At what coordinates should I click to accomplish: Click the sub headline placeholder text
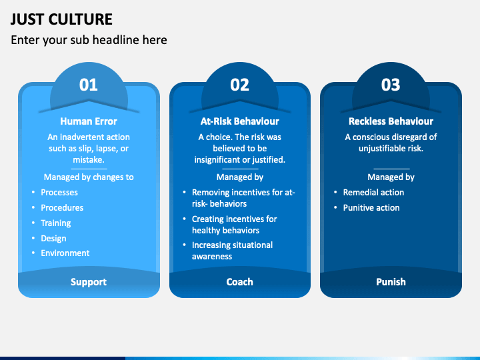[89, 40]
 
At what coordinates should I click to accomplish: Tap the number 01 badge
[89, 85]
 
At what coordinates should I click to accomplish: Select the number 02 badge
[239, 85]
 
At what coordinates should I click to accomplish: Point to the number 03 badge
[391, 85]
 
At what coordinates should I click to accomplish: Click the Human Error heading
[89, 121]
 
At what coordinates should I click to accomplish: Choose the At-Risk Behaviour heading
[239, 121]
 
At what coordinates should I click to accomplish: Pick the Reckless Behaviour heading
[391, 121]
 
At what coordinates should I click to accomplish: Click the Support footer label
[89, 282]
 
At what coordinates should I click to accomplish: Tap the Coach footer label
[239, 282]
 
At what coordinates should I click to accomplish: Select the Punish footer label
[391, 282]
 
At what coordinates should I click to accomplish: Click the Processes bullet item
[59, 193]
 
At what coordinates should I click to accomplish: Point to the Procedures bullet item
[62, 208]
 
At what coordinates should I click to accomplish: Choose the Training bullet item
[55, 223]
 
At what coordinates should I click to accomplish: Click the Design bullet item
[53, 239]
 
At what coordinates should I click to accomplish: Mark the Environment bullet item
[65, 253]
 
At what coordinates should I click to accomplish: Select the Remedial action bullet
[373, 193]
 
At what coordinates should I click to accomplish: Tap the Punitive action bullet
[371, 208]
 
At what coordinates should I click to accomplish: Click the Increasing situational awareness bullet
[232, 251]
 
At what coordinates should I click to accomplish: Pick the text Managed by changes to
[89, 177]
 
